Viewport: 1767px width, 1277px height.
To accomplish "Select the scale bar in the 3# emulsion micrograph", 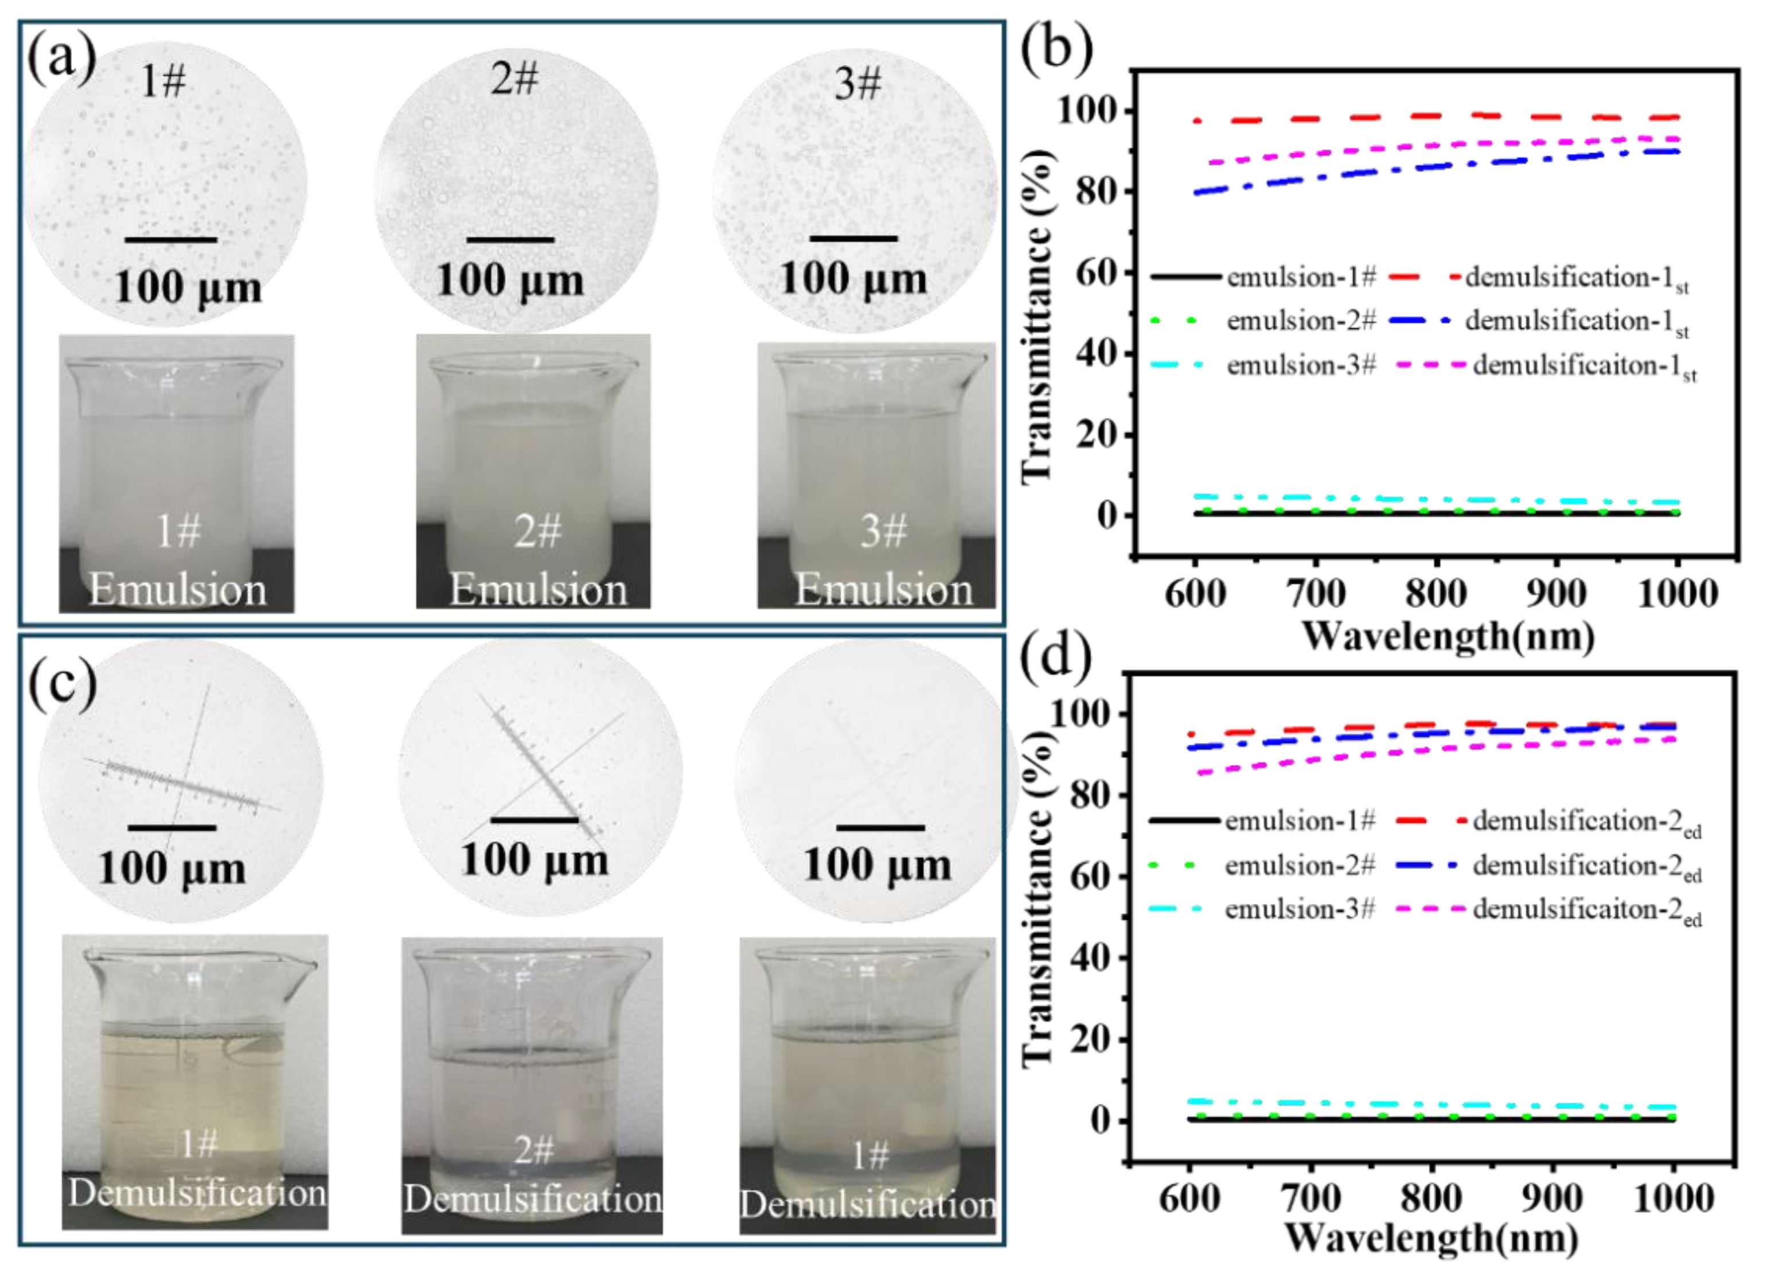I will tap(853, 239).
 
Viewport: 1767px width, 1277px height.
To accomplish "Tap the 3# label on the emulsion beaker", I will tap(883, 532).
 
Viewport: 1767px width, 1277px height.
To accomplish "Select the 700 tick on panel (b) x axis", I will tap(1315, 594).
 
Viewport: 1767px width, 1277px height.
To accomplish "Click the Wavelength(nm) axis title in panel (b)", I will tap(1448, 636).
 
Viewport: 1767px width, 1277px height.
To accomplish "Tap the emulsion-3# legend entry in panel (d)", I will tap(1300, 909).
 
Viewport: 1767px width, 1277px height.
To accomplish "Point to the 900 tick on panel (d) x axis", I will tap(1552, 1197).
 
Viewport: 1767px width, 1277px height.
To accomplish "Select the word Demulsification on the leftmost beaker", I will tap(196, 1193).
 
